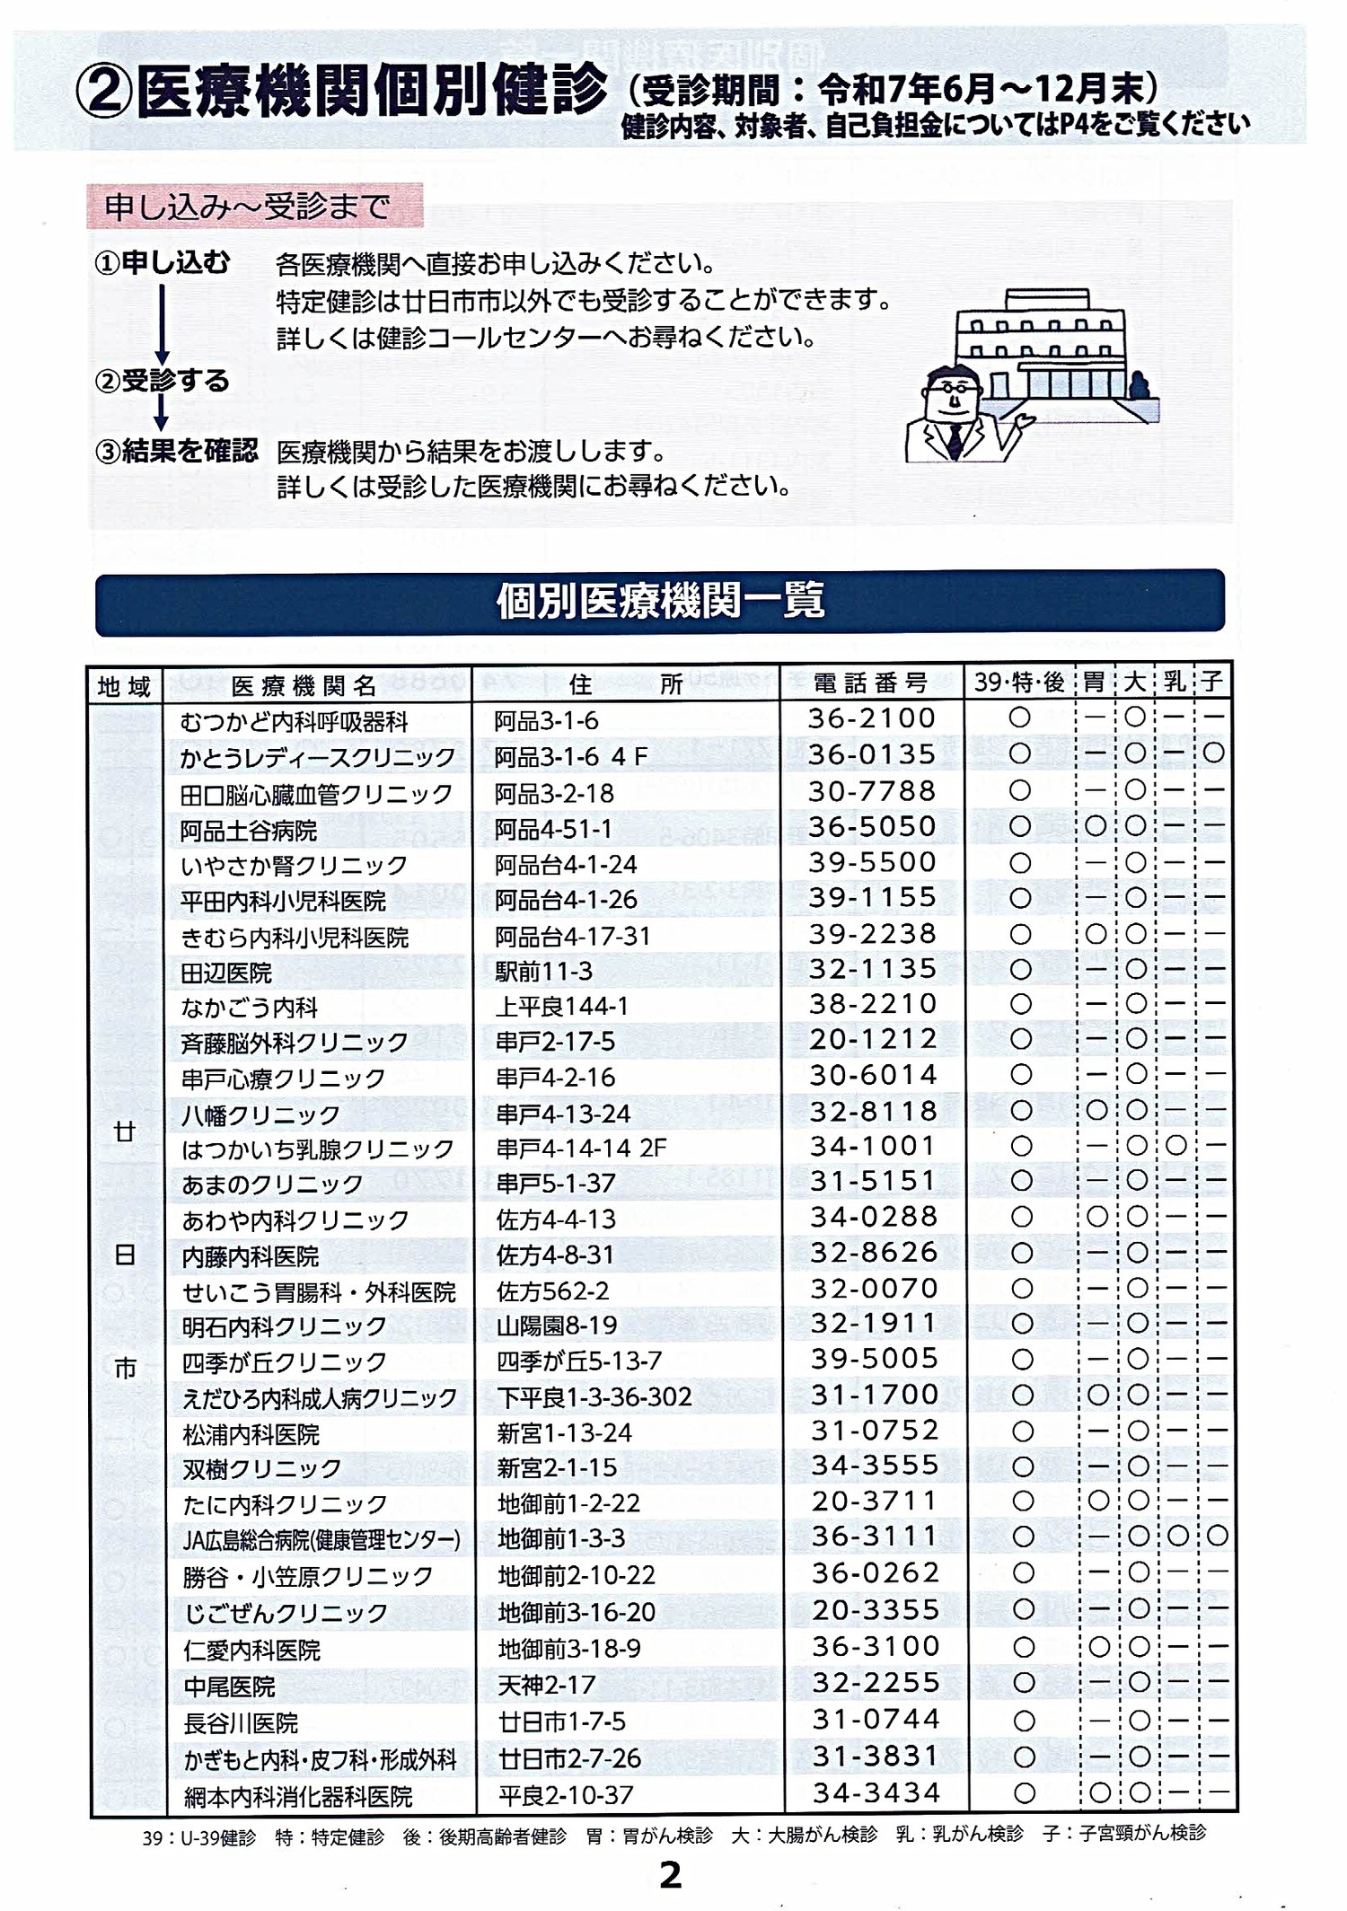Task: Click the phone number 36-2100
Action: [x=872, y=718]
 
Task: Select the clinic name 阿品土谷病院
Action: [x=249, y=831]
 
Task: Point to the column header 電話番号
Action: [x=871, y=683]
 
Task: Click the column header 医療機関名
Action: [x=304, y=686]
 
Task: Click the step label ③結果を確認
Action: [x=177, y=451]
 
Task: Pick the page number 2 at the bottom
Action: [x=670, y=1875]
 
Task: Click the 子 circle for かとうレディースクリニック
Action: [x=1213, y=753]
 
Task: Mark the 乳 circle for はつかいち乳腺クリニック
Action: [x=1175, y=1146]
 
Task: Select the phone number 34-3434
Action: [x=876, y=1792]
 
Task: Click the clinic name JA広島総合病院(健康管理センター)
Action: [x=321, y=1540]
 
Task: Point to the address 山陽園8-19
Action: [x=557, y=1325]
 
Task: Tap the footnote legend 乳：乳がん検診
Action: [x=959, y=1834]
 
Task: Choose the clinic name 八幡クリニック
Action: [x=260, y=1115]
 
